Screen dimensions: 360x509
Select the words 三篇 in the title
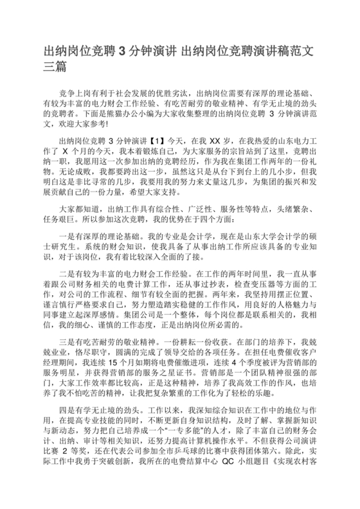point(55,66)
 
